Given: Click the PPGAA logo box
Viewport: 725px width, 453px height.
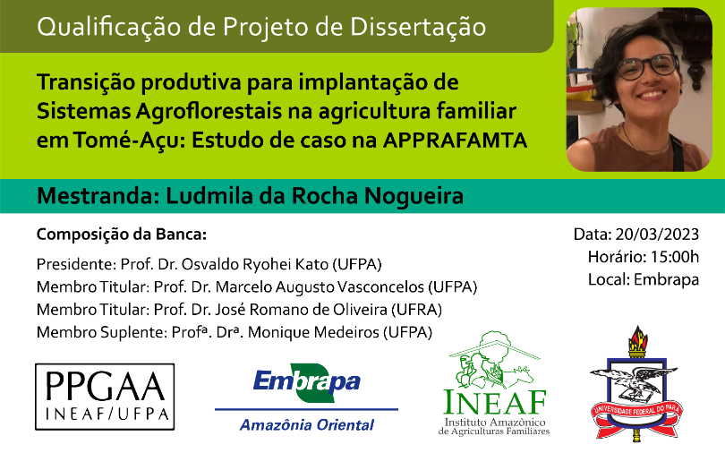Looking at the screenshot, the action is tap(105, 397).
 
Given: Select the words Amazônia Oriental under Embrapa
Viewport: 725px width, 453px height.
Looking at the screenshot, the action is tap(306, 425).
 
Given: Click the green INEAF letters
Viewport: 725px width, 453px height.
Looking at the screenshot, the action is tap(495, 402).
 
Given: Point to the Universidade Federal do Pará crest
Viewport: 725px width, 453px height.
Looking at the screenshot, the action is tap(636, 383).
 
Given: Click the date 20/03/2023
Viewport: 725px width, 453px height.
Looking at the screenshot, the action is tap(657, 235).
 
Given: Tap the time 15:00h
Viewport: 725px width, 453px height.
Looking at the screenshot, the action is tap(675, 257).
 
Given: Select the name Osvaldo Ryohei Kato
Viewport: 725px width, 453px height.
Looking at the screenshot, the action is tap(255, 264).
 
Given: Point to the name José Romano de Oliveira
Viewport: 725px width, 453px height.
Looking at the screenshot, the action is tap(302, 310).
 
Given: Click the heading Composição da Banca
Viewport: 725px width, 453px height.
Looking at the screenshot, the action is tap(122, 235).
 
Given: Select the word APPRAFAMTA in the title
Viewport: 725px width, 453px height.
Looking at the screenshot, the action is tap(455, 141).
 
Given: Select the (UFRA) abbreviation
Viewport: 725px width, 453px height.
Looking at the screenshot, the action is tap(416, 310).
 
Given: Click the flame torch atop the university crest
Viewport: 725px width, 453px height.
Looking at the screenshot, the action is tap(637, 341).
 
